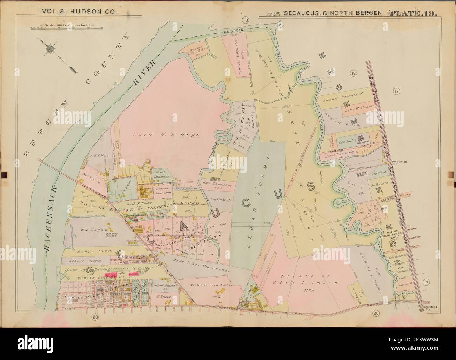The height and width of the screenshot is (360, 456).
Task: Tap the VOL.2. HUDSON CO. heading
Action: pyautogui.click(x=81, y=11)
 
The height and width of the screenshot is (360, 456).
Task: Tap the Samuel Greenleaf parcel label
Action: pyautogui.click(x=343, y=100)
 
